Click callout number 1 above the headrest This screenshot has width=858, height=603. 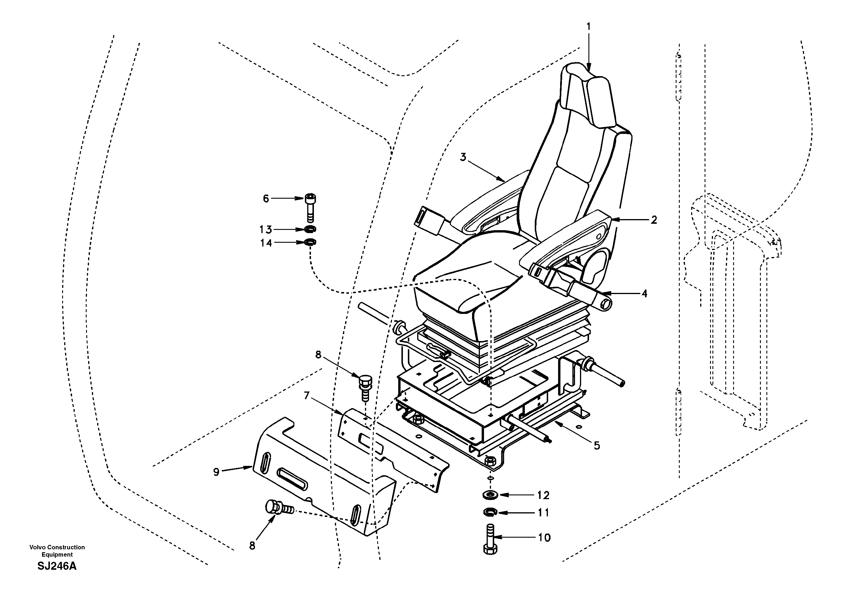pos(588,27)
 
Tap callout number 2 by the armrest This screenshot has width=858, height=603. pos(653,220)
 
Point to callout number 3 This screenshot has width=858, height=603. pos(463,157)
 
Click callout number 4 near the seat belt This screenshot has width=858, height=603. pos(644,294)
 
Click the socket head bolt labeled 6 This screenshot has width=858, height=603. pos(310,207)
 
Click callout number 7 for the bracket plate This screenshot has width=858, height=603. pos(307,395)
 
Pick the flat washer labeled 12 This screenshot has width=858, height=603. pos(490,495)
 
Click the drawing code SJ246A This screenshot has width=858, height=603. pos(57,566)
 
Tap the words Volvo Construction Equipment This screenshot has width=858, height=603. pos(57,551)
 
